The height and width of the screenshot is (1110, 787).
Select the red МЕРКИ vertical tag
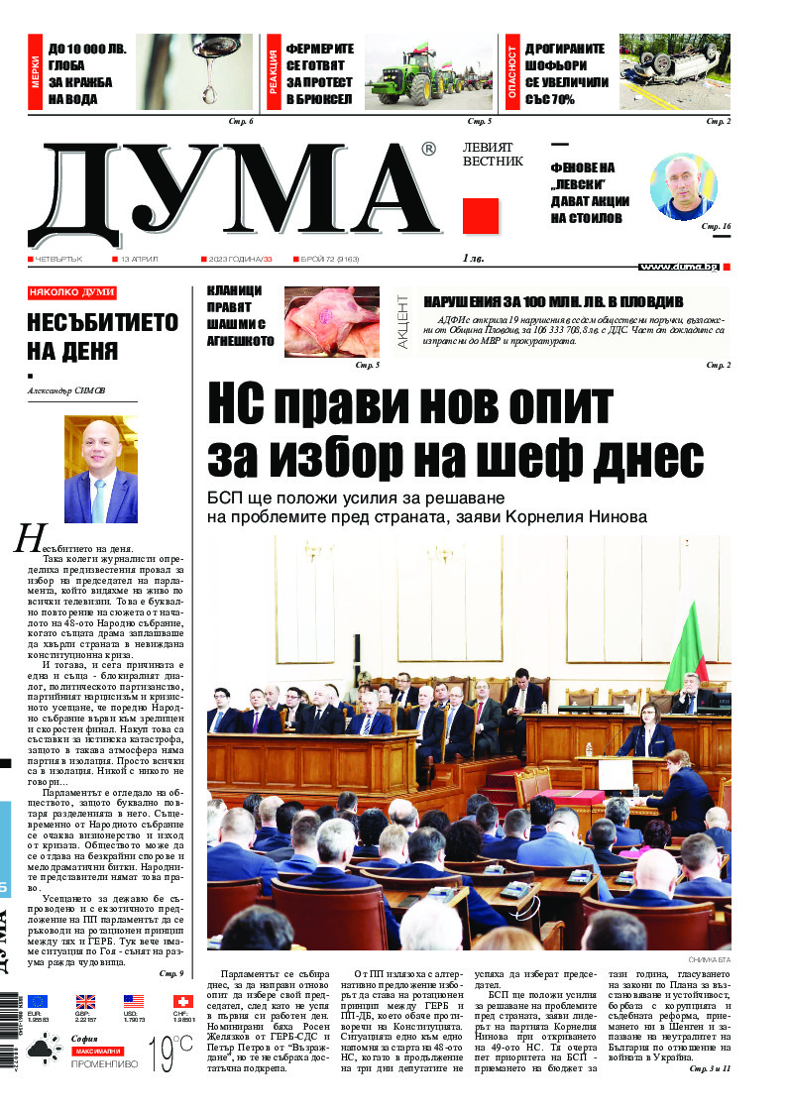(36, 72)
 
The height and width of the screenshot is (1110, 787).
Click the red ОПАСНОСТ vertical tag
(512, 72)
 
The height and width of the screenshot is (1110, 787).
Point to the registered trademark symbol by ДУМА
(427, 149)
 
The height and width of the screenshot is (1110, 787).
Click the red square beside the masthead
(481, 215)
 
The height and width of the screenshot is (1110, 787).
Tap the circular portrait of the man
(682, 185)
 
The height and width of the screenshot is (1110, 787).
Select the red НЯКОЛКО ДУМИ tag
(72, 292)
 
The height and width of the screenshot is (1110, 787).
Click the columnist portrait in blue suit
(101, 469)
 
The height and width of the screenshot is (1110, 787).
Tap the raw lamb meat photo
(331, 321)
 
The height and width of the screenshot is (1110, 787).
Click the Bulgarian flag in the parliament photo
(687, 645)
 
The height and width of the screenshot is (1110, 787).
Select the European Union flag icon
(38, 1001)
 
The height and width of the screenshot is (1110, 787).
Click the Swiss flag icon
(182, 1001)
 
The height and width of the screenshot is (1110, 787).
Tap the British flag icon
(85, 1001)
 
